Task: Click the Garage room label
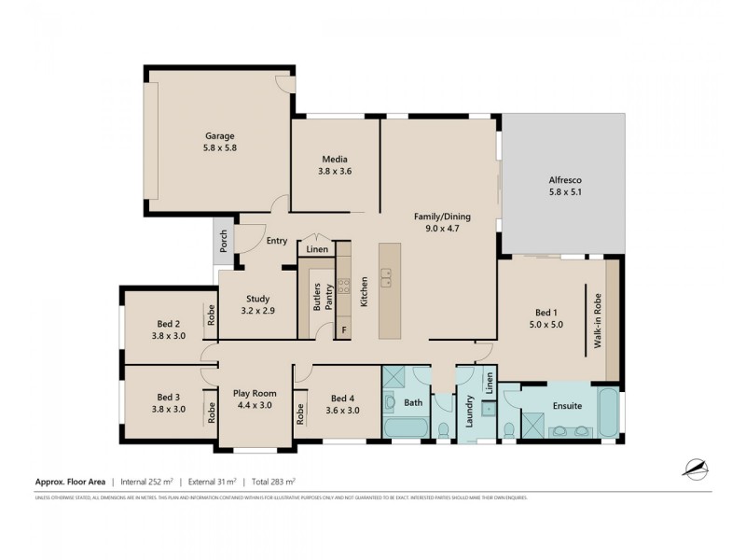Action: pyautogui.click(x=220, y=135)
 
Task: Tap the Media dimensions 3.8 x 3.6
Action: pyautogui.click(x=335, y=171)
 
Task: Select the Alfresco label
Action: pyautogui.click(x=563, y=182)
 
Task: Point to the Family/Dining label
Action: pyautogui.click(x=442, y=217)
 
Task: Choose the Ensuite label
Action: pyautogui.click(x=567, y=406)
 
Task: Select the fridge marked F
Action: pyautogui.click(x=343, y=329)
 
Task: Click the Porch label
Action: pyautogui.click(x=223, y=242)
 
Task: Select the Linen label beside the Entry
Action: pyautogui.click(x=317, y=250)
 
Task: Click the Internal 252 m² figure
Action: pyautogui.click(x=145, y=483)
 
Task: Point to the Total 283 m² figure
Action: pyautogui.click(x=272, y=483)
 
